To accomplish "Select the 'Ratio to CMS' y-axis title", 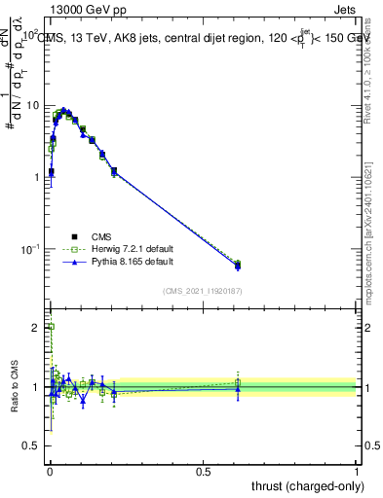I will coord(14,387).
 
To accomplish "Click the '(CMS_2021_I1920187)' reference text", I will coord(202,291).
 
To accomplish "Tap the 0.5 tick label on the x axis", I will coord(203,472).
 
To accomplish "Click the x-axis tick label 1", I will coord(357,472).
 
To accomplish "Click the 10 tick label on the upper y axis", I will coord(35,105).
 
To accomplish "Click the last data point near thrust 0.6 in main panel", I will coord(238,265).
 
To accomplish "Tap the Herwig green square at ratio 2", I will coord(50,328).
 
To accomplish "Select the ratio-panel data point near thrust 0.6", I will coord(238,387).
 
